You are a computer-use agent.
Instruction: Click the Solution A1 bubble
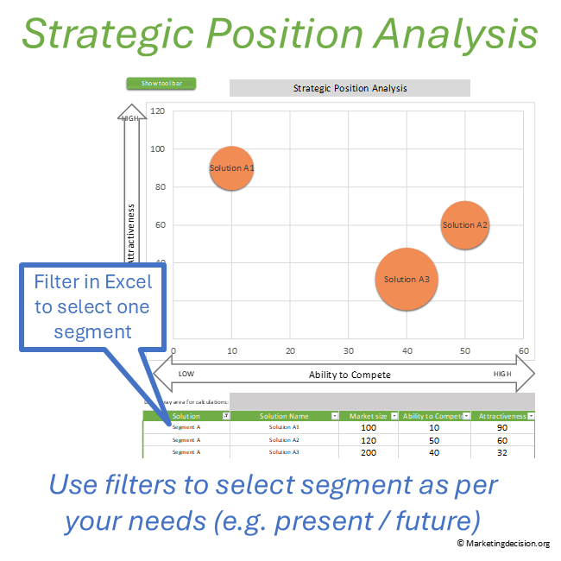(x=231, y=168)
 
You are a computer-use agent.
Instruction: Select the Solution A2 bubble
(x=465, y=225)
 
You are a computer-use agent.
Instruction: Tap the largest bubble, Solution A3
(x=406, y=279)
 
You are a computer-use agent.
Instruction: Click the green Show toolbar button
(x=161, y=84)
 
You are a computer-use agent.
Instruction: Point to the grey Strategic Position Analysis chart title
(x=350, y=88)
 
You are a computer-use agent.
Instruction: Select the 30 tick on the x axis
(x=348, y=351)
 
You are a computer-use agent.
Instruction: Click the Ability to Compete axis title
(x=350, y=375)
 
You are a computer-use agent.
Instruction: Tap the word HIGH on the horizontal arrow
(x=502, y=375)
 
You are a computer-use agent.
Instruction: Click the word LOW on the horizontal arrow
(x=186, y=375)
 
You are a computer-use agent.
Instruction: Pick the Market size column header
(x=368, y=416)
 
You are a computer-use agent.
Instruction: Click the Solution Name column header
(x=284, y=416)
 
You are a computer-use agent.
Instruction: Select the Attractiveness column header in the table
(x=501, y=416)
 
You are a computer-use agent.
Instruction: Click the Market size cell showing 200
(x=369, y=451)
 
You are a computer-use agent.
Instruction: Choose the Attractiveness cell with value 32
(x=502, y=451)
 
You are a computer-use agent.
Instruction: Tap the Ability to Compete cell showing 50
(x=433, y=439)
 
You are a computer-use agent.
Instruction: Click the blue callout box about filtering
(x=91, y=306)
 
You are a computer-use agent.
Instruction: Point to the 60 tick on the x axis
(x=523, y=351)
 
